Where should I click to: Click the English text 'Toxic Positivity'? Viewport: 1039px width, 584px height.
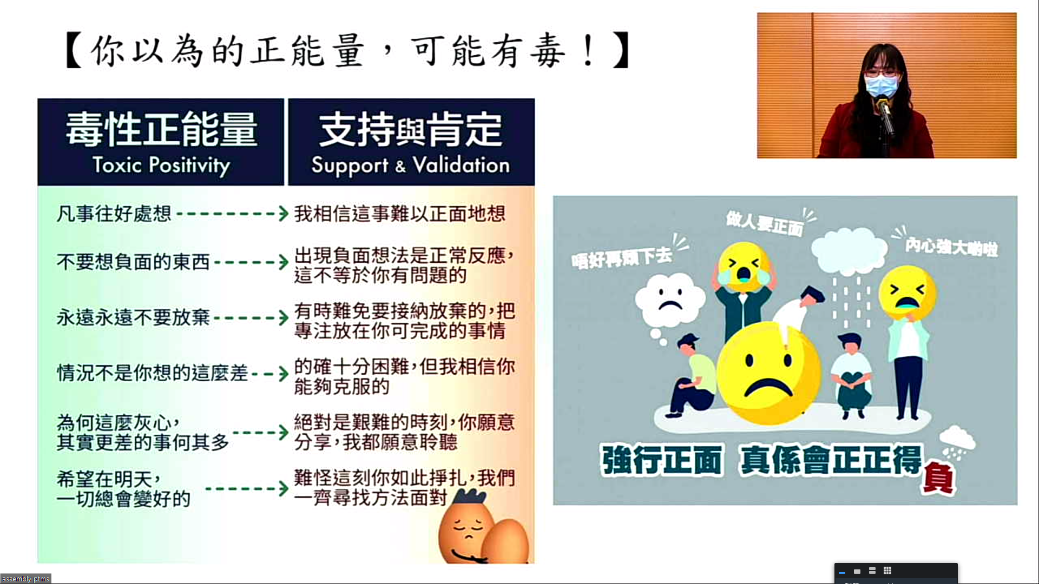161,165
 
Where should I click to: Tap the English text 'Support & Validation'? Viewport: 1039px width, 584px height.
411,165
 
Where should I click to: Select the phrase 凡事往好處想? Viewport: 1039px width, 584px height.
114,214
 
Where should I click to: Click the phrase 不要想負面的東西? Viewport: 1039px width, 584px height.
133,262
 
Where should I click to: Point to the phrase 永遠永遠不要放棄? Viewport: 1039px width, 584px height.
133,317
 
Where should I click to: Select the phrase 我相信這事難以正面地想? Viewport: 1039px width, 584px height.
400,214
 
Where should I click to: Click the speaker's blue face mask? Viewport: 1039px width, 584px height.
880,86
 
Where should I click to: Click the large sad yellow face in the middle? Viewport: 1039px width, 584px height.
768,373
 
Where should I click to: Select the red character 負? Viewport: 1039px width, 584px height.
938,477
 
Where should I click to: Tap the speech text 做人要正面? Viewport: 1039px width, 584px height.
765,223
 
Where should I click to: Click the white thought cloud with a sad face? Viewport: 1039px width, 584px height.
670,301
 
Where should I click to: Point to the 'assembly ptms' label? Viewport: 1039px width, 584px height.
25,579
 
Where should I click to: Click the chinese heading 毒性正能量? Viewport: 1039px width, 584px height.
161,130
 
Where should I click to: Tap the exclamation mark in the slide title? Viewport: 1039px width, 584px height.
589,51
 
